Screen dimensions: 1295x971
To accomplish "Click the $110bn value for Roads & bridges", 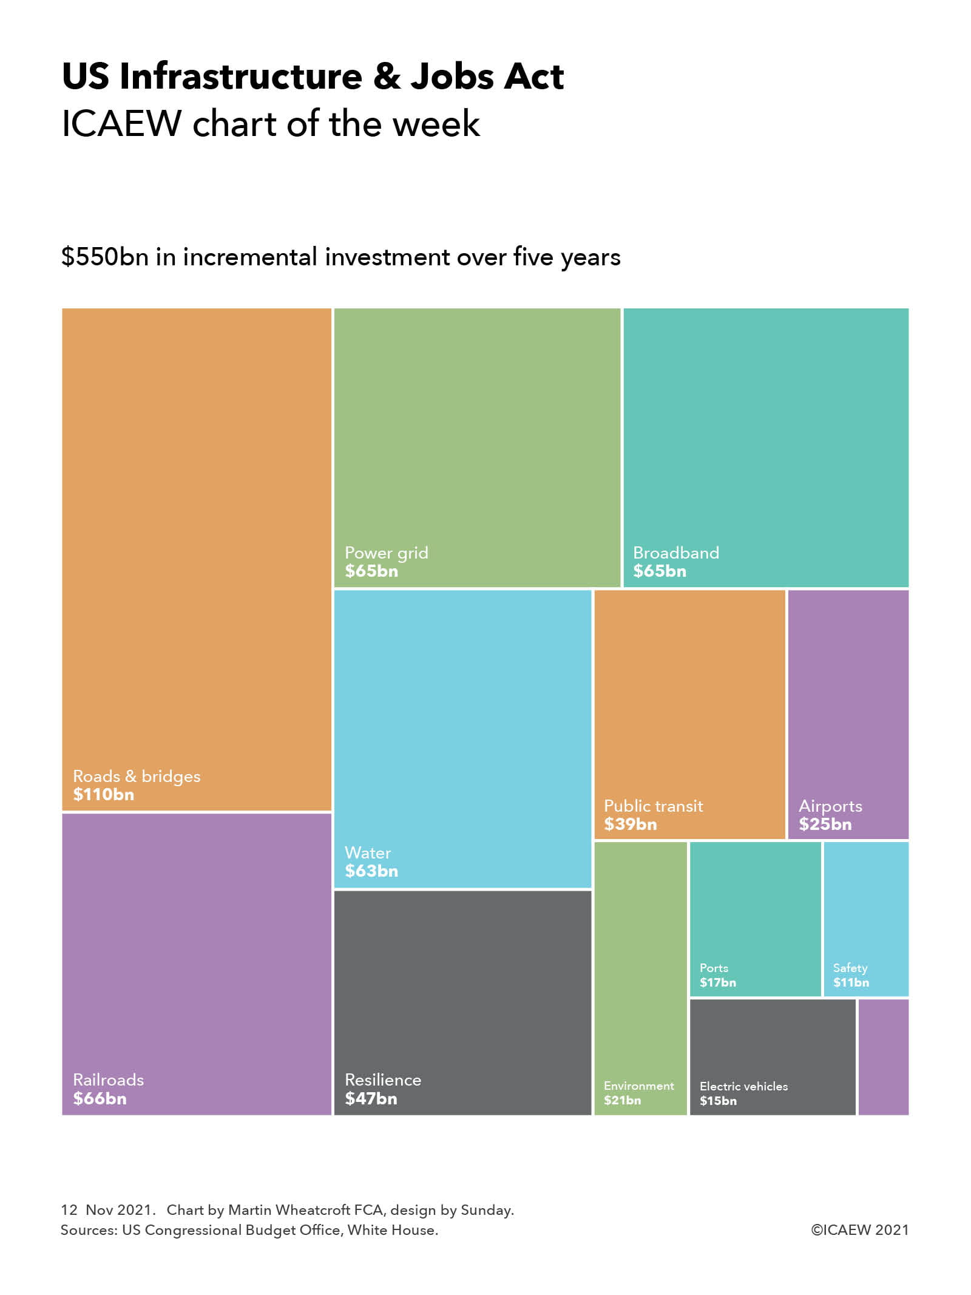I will [x=103, y=794].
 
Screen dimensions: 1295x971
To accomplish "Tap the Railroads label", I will [x=108, y=1079].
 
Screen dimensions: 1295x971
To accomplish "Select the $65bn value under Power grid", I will [x=371, y=571].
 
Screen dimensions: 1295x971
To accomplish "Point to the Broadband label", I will [x=675, y=552].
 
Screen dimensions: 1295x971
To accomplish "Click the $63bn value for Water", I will [x=371, y=871].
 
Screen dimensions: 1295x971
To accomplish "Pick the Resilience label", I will [x=382, y=1079].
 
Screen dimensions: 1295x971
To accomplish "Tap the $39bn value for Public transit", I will [x=630, y=824].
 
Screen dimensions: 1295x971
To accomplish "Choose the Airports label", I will [x=830, y=806].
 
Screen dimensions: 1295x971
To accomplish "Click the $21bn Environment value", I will [x=622, y=1100].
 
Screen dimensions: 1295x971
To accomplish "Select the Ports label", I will [x=714, y=968].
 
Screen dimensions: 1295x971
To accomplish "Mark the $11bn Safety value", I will [x=851, y=982].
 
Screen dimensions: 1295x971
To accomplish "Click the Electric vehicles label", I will [x=743, y=1086].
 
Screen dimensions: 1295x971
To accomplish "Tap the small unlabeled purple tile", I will [x=883, y=1057].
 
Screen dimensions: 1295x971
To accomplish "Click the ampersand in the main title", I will [x=387, y=76].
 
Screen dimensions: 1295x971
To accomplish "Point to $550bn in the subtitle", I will [x=104, y=257].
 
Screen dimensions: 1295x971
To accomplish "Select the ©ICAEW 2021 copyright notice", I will [x=859, y=1230].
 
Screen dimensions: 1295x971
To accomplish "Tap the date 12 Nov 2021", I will [x=106, y=1210].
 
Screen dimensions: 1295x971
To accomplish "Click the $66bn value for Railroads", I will [x=100, y=1098].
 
